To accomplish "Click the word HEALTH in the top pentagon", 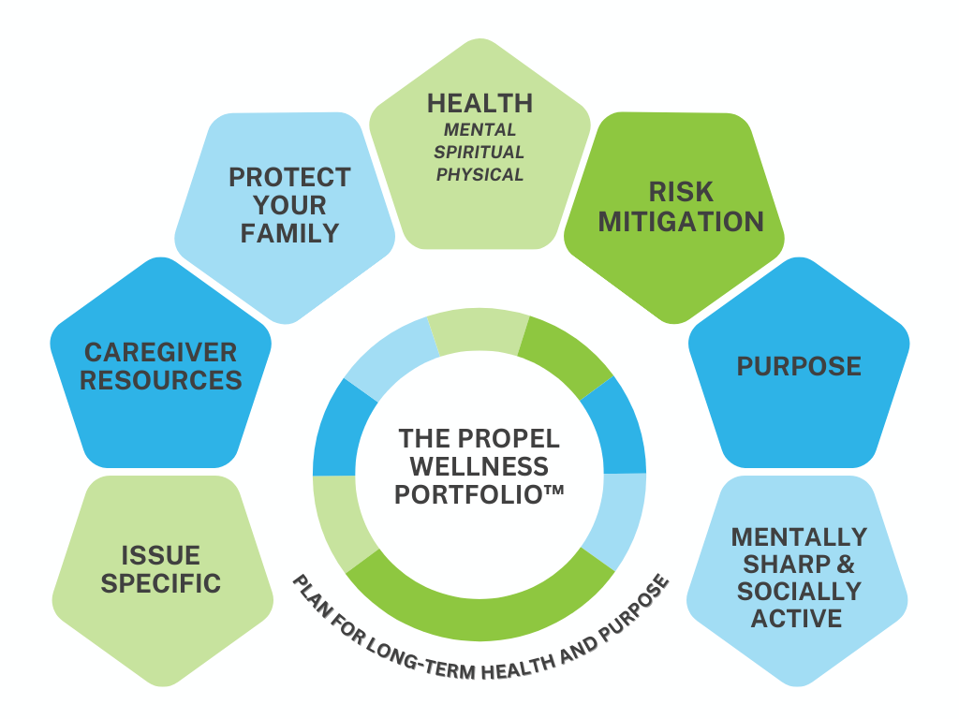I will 479,103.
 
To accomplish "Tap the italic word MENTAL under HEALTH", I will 479,129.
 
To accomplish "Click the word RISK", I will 681,192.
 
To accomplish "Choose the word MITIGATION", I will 681,222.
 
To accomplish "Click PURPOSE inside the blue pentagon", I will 799,366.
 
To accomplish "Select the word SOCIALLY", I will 799,592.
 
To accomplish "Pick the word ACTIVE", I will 799,619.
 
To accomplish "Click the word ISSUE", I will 160,555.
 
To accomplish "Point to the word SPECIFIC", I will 161,583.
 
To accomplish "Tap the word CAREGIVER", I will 161,353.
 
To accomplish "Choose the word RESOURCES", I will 161,380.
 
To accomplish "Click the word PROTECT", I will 289,178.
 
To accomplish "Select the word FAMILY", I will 289,233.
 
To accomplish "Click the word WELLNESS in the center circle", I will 479,465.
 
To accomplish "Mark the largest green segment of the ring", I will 479,607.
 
